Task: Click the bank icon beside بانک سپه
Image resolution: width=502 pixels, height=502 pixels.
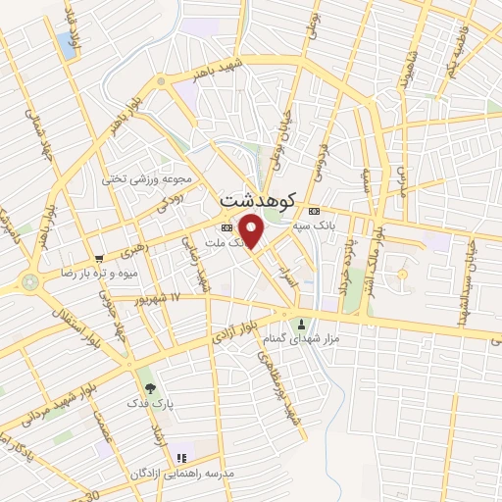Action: [x=314, y=212]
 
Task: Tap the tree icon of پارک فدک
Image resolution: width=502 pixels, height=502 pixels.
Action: [x=150, y=388]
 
